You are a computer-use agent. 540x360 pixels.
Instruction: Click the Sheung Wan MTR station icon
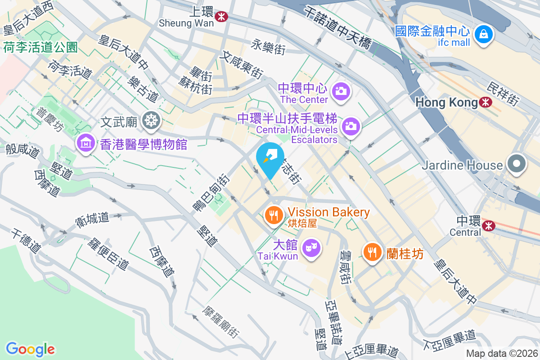221,17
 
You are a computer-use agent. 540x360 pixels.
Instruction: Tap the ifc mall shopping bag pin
483,33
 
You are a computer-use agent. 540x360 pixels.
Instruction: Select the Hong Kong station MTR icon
486,102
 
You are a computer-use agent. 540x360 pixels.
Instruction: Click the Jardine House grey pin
517,163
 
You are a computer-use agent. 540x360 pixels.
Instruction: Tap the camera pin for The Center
341,91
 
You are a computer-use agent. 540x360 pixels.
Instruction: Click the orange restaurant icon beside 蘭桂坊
372,252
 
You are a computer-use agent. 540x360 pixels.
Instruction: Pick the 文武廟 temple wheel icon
149,120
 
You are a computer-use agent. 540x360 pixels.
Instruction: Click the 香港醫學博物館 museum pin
85,143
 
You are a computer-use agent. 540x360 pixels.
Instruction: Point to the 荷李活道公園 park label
40,47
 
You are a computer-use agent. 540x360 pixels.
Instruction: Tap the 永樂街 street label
269,47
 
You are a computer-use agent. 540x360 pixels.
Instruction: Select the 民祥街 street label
504,94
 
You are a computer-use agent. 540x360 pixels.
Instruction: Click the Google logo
31,349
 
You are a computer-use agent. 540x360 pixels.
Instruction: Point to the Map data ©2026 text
502,354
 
